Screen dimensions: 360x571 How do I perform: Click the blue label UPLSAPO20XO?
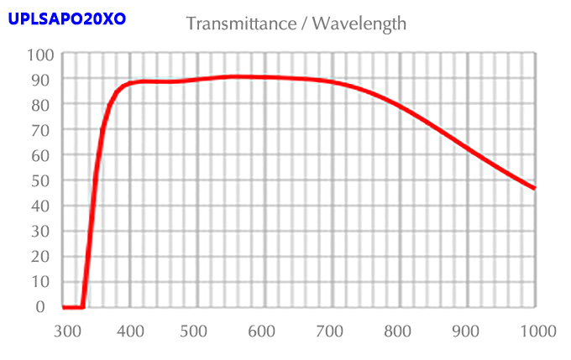click(x=66, y=17)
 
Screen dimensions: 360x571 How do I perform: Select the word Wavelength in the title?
click(x=359, y=23)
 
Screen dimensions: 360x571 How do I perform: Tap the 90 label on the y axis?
click(x=42, y=80)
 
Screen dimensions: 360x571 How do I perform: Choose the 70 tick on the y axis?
click(x=42, y=130)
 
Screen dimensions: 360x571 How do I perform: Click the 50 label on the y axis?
click(x=42, y=180)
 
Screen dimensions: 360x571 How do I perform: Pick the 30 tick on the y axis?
click(x=42, y=231)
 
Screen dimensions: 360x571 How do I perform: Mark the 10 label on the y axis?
click(x=42, y=281)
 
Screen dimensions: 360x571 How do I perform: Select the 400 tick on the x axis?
click(x=130, y=331)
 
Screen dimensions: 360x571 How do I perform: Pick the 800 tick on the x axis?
click(x=400, y=331)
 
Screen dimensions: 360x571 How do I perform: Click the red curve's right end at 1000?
click(x=534, y=188)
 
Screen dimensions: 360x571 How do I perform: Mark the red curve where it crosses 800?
click(x=400, y=107)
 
